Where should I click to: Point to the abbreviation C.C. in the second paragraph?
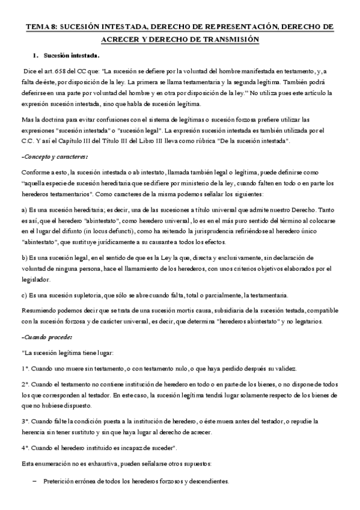pyautogui.click(x=28, y=141)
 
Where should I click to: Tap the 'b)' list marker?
pyautogui.click(x=23, y=257)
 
